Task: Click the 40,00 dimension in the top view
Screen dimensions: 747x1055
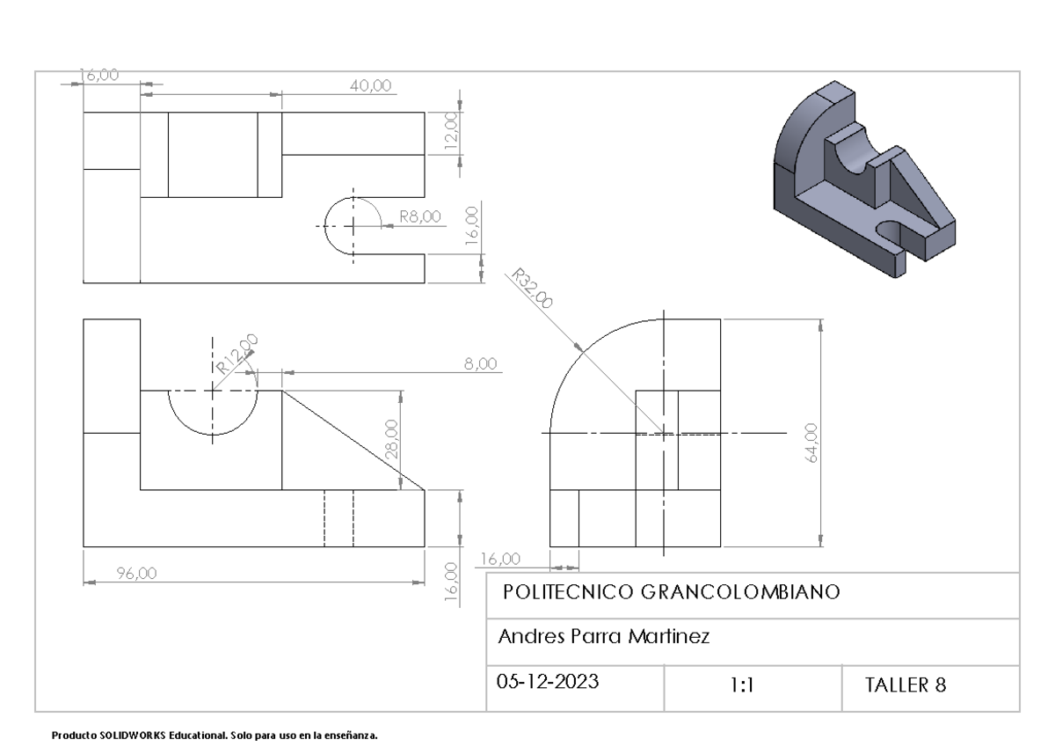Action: [369, 84]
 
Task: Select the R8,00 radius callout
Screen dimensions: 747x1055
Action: [420, 216]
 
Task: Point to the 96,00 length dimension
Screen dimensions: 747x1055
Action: [136, 573]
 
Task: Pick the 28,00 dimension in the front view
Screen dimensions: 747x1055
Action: [392, 437]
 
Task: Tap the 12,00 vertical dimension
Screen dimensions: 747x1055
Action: [451, 133]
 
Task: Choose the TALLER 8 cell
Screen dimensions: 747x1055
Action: [906, 685]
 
